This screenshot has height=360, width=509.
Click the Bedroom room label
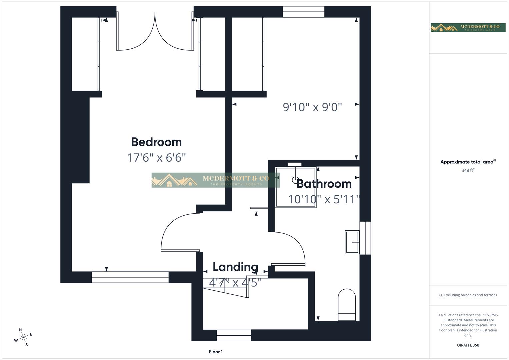tap(156, 142)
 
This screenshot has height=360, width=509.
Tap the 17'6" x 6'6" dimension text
tap(156, 157)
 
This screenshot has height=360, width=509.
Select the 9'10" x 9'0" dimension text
tap(312, 107)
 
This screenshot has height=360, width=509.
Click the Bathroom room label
tap(324, 184)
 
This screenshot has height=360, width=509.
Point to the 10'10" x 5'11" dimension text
tap(324, 199)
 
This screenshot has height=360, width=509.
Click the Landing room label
tap(235, 267)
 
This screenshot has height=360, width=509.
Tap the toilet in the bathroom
tap(347, 305)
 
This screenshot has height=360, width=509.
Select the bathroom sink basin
tap(352, 242)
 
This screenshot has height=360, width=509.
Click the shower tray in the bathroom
tap(296, 187)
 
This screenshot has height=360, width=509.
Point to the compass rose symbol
tap(23, 338)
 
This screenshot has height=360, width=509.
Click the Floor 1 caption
tap(216, 352)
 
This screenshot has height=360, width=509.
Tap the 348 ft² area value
tap(468, 170)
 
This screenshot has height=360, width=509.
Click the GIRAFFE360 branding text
tap(468, 345)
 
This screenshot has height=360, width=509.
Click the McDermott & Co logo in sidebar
tap(468, 27)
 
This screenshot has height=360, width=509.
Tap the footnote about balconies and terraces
tap(468, 295)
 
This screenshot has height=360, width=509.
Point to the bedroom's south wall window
tap(130, 277)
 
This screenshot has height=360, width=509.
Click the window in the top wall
tap(303, 12)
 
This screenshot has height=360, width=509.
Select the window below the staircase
tap(234, 335)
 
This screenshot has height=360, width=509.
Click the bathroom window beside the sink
tap(365, 238)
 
